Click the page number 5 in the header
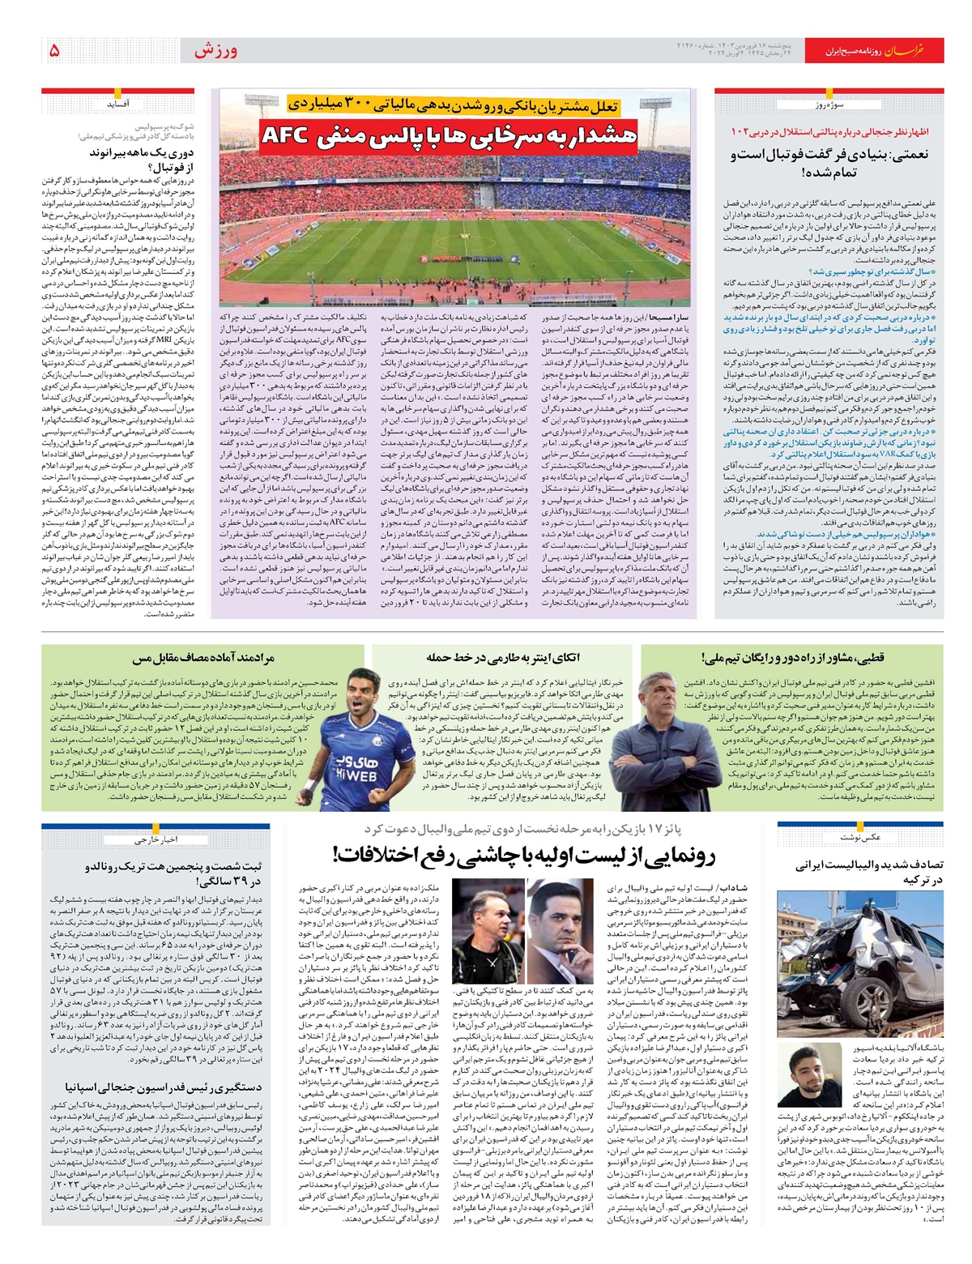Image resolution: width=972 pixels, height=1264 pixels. (x=54, y=50)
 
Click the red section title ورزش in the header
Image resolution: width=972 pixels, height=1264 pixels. (x=215, y=50)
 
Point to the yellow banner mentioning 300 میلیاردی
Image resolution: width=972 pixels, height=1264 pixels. (x=455, y=104)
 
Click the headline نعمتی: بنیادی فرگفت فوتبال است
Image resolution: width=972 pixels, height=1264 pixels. (x=829, y=163)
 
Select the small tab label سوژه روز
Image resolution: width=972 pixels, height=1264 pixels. (x=828, y=105)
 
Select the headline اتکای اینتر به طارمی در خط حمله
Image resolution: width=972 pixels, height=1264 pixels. (x=503, y=657)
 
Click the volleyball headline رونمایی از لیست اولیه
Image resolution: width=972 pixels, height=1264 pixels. (x=524, y=855)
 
